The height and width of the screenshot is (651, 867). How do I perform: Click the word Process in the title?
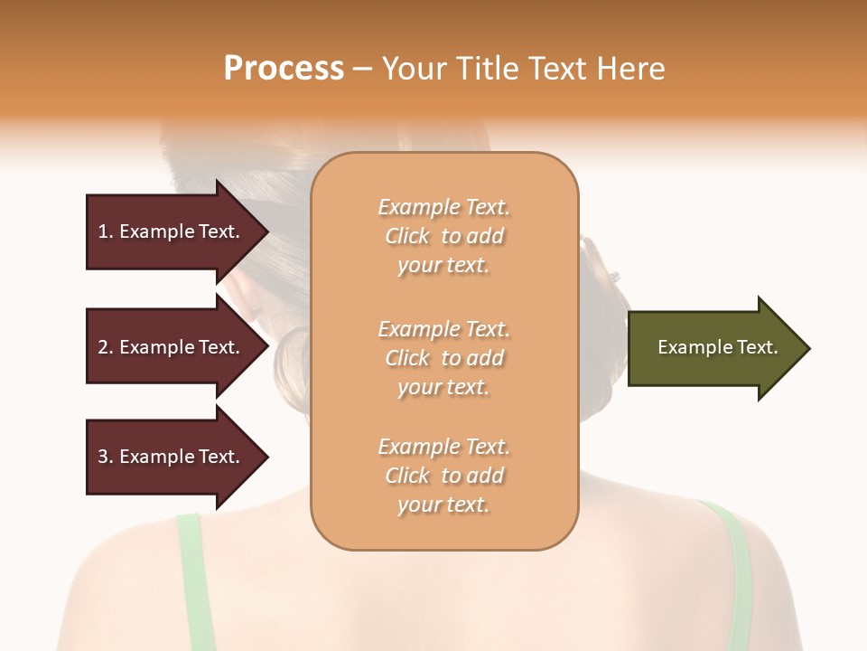284,69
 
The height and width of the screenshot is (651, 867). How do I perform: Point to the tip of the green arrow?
808,348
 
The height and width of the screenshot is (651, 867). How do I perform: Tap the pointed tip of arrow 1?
267,231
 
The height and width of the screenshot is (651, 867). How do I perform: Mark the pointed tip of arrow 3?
267,457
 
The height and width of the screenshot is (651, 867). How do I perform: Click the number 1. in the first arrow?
106,231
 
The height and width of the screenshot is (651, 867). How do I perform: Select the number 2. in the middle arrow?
106,347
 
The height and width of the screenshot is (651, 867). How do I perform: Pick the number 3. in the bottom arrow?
106,457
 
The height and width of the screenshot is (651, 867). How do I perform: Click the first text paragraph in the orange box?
443,236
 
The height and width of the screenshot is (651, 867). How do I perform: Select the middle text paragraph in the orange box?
443,358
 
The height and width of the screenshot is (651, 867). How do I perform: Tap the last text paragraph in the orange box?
443,476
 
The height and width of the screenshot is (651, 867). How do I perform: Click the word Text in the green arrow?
758,347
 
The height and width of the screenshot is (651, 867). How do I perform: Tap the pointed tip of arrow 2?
267,347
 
